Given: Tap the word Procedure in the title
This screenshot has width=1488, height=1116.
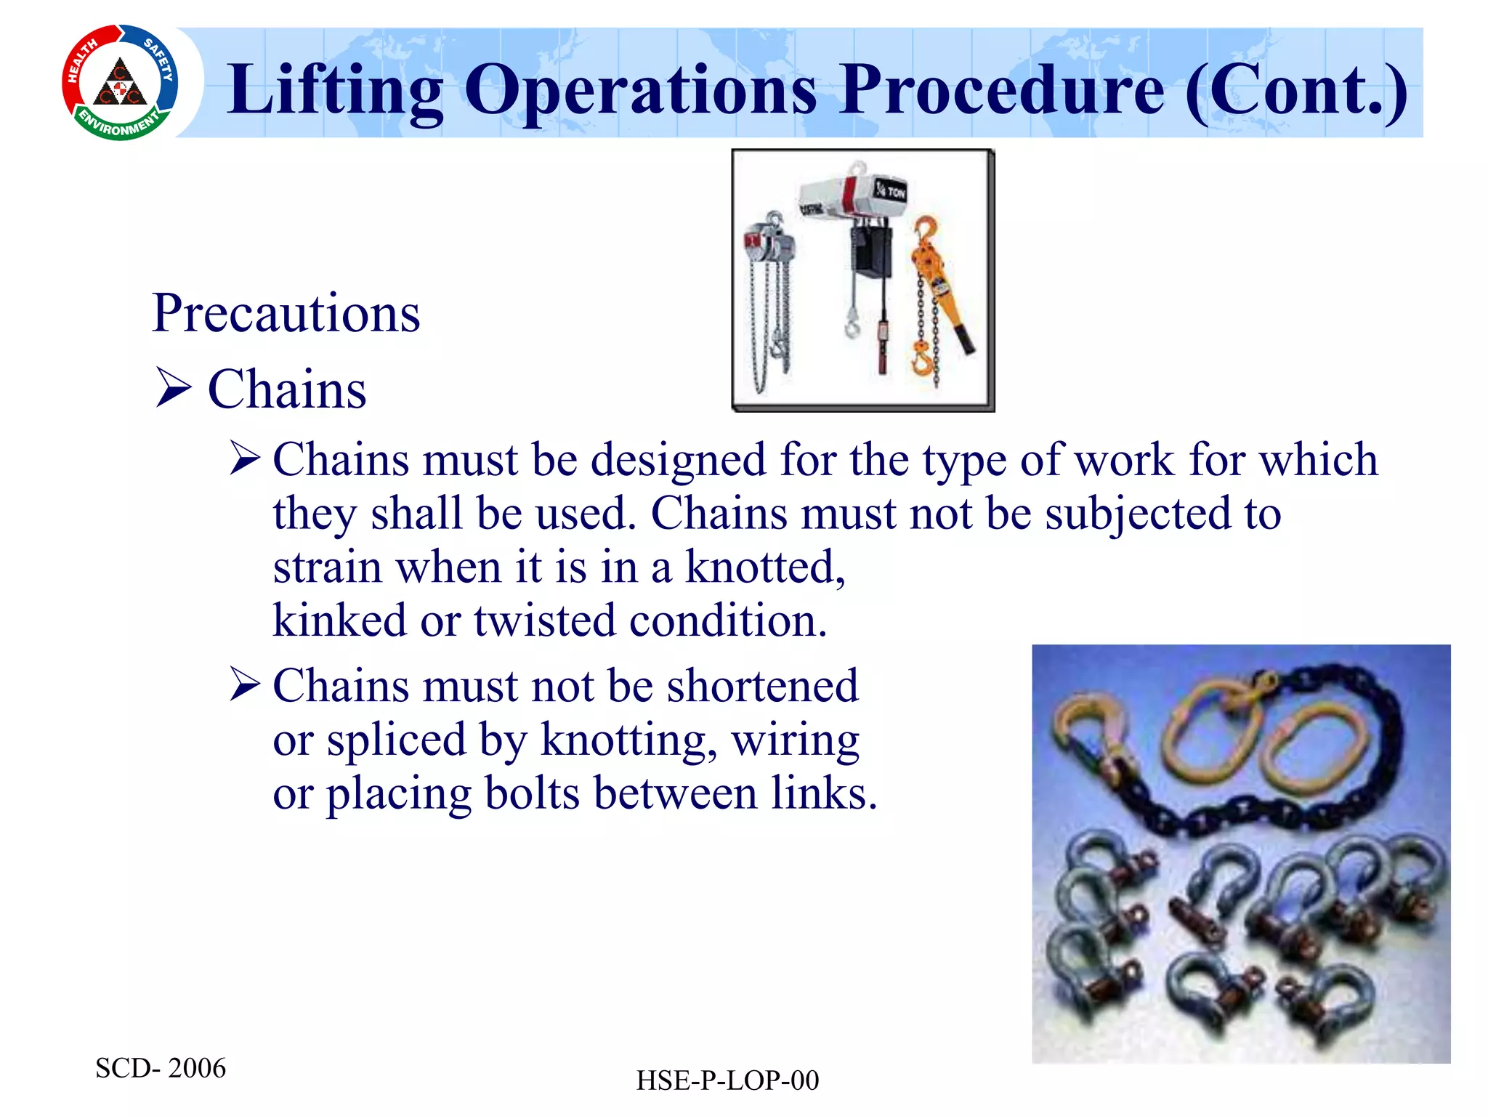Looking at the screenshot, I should pyautogui.click(x=1003, y=90).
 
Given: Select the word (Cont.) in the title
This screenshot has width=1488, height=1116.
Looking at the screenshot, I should pyautogui.click(x=1296, y=90).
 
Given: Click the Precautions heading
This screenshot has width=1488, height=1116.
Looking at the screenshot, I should pyautogui.click(x=286, y=314).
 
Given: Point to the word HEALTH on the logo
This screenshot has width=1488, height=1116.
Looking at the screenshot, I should pyautogui.click(x=82, y=62).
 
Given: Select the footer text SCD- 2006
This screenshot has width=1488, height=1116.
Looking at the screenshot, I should pyautogui.click(x=161, y=1068).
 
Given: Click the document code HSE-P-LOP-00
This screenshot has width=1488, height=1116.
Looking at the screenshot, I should pyautogui.click(x=727, y=1080).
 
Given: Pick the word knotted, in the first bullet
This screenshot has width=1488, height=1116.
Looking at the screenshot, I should pyautogui.click(x=766, y=567).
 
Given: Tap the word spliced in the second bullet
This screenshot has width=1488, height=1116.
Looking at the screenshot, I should pyautogui.click(x=396, y=740).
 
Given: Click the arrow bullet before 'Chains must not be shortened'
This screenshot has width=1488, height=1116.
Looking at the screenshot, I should pyautogui.click(x=245, y=684).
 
